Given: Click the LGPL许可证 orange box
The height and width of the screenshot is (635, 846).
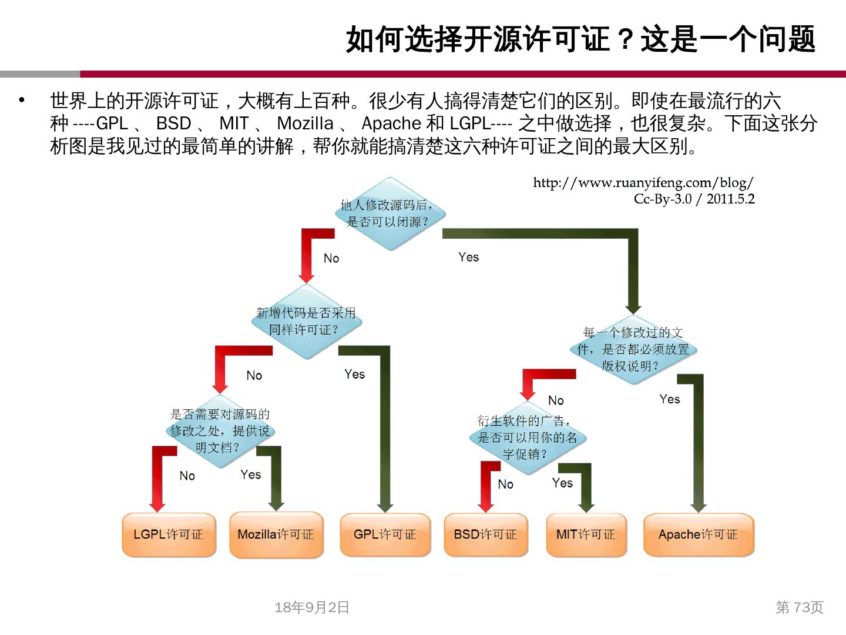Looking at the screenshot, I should [169, 534].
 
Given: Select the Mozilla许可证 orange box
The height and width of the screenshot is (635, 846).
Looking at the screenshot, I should [276, 534].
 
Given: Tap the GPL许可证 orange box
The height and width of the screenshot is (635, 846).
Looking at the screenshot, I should [385, 534].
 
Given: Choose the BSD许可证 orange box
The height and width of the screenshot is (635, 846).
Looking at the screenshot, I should [486, 534].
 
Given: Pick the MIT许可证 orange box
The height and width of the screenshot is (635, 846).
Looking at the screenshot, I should [586, 534].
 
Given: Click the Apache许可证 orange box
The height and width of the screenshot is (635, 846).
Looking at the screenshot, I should [699, 534].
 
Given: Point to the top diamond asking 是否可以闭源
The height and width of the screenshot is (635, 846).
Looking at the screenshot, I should [390, 213].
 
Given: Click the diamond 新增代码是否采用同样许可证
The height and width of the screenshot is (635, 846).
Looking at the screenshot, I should [306, 322].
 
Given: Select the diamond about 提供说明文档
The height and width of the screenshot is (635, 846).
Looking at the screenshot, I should [220, 431].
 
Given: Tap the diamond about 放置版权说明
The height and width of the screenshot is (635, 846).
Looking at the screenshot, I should [633, 349].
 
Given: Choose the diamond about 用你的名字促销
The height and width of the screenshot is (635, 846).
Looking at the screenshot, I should [527, 437].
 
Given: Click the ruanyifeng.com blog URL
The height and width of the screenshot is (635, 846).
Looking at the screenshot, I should [643, 183].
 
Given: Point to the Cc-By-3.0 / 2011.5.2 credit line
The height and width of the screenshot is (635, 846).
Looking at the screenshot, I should [694, 199].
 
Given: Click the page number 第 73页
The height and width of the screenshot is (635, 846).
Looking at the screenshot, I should [800, 607].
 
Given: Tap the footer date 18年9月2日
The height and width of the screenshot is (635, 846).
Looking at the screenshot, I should [312, 607].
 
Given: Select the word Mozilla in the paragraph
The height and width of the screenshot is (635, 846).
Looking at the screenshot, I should [305, 123].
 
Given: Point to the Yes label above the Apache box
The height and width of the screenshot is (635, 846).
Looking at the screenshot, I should [669, 399].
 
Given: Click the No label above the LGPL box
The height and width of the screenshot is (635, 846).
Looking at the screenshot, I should [187, 476].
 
